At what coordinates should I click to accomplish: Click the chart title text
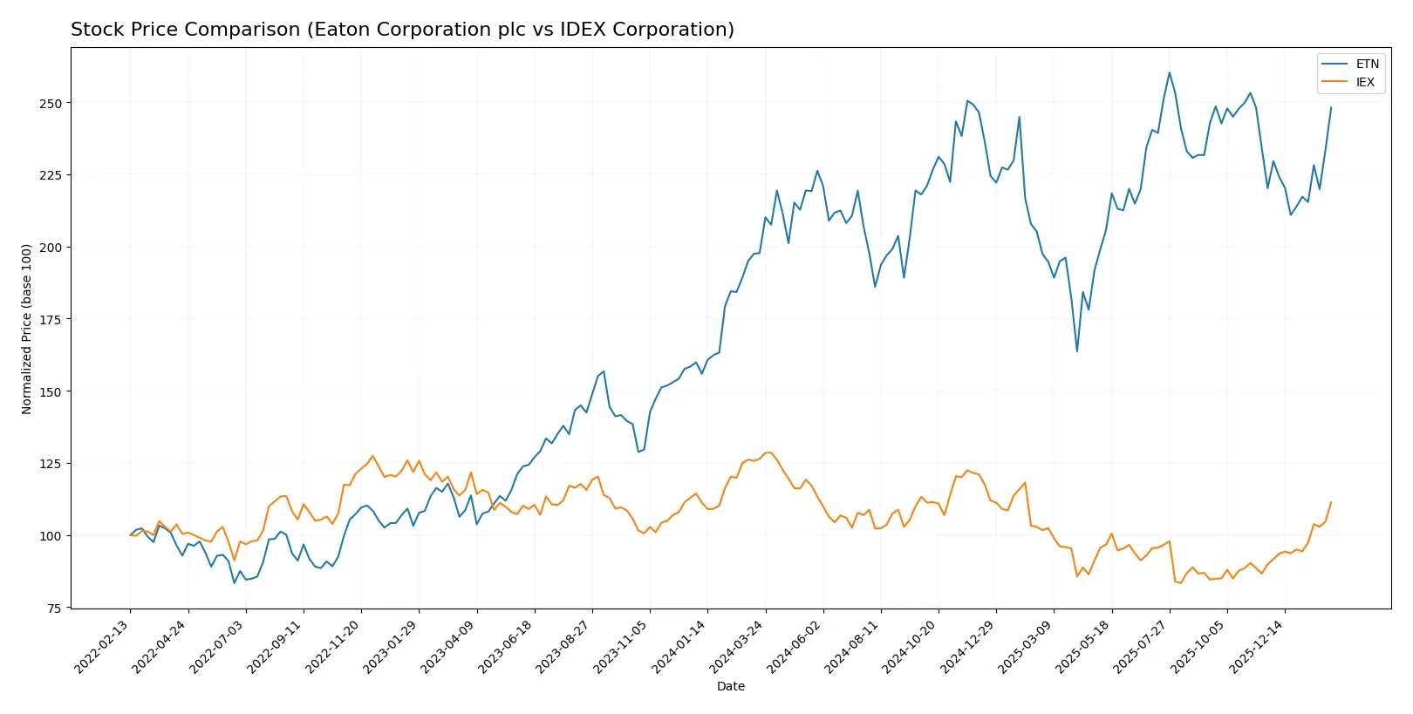coord(402,30)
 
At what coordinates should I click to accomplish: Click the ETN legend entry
coord(1367,64)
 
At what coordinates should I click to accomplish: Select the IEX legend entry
coord(1364,83)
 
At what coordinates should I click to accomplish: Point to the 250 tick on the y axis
coord(51,103)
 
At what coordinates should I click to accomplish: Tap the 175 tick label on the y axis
coord(51,320)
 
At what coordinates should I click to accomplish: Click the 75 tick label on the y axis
coord(54,609)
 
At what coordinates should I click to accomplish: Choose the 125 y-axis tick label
coord(51,464)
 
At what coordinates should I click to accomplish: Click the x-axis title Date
coord(730,686)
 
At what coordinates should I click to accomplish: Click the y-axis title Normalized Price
coord(27,329)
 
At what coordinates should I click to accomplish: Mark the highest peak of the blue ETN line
coord(1170,72)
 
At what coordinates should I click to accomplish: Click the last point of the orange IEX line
coord(1331,502)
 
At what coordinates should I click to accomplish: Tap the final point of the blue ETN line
coord(1331,108)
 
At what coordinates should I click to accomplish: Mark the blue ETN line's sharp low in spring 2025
coord(1077,351)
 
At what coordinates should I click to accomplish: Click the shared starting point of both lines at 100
coord(130,535)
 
